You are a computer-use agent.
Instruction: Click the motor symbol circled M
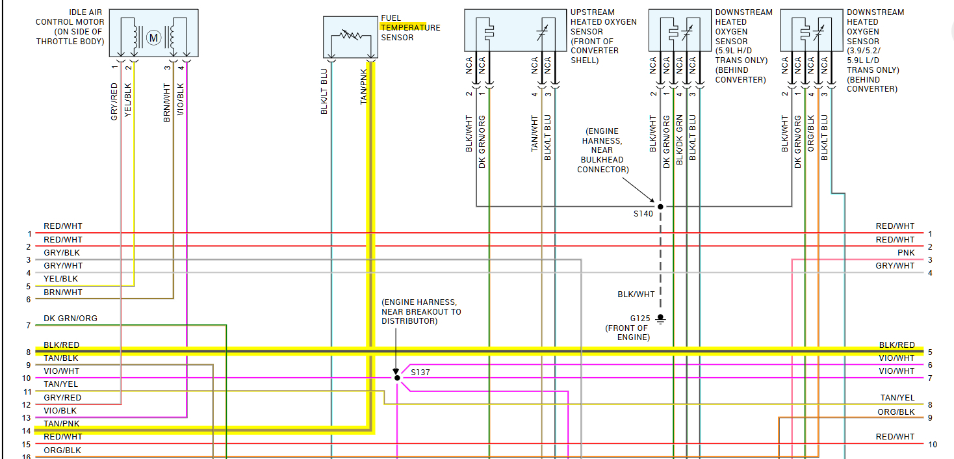(x=154, y=38)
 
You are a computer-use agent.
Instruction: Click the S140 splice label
(x=643, y=213)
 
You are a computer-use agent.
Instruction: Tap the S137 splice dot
(x=396, y=377)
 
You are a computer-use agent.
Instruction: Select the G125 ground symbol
(x=660, y=319)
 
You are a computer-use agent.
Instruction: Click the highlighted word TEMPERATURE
(x=410, y=27)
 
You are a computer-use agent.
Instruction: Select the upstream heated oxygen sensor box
(x=515, y=30)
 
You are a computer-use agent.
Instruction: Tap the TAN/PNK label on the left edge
(x=61, y=423)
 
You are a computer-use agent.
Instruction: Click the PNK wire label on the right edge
(x=907, y=252)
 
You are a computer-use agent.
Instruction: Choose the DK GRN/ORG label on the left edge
(x=70, y=319)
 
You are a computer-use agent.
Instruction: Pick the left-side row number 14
(x=27, y=431)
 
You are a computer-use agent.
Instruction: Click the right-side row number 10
(x=933, y=445)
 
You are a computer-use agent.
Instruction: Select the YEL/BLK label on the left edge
(x=61, y=279)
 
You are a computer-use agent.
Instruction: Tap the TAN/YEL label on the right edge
(x=897, y=397)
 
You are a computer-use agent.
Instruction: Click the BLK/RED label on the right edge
(x=897, y=345)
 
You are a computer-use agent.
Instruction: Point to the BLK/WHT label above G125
(x=636, y=295)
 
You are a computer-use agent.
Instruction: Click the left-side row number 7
(x=29, y=325)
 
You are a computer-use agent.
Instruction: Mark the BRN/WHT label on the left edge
(x=63, y=292)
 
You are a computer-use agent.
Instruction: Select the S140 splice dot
(x=660, y=207)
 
